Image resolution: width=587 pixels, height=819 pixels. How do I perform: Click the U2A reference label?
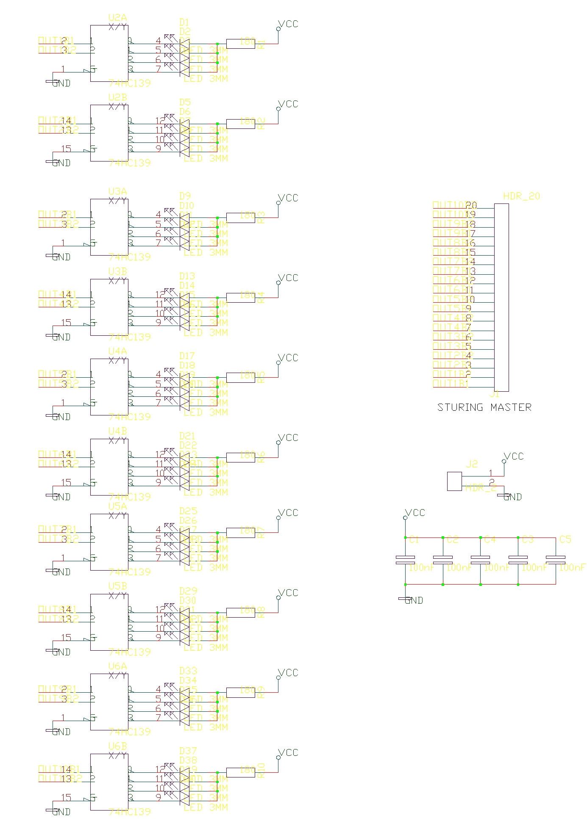tap(117, 18)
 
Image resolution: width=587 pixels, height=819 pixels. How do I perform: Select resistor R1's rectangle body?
tap(240, 43)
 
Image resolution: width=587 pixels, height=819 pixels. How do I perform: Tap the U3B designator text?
tap(117, 271)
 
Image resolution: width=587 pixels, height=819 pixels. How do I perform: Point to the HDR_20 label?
tap(521, 196)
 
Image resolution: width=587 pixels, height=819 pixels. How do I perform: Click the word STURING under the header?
tap(460, 407)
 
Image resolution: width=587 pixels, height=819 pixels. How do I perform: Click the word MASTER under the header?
tap(511, 407)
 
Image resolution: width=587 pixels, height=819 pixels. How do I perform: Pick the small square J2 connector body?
tap(454, 481)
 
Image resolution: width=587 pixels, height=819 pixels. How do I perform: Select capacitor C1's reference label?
tap(414, 540)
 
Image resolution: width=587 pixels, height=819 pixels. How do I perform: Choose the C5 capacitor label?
tap(565, 540)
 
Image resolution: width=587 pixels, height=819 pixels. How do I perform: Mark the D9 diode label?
tap(185, 196)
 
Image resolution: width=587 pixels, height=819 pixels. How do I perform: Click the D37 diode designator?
tap(188, 751)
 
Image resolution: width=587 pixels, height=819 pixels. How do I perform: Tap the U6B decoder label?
tap(117, 746)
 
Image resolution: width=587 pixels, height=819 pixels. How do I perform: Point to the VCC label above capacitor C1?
tap(415, 513)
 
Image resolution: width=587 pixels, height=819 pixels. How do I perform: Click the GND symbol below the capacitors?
tap(413, 600)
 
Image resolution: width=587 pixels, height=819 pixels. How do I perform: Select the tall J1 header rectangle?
tap(501, 297)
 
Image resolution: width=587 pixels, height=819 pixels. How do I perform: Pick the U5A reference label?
tap(117, 507)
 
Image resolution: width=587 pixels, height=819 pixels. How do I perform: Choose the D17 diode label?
tap(187, 356)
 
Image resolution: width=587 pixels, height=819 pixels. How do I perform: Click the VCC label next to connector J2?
tap(514, 457)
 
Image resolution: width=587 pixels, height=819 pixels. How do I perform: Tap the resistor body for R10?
tap(240, 772)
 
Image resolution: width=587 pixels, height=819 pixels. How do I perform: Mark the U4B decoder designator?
tap(117, 431)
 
